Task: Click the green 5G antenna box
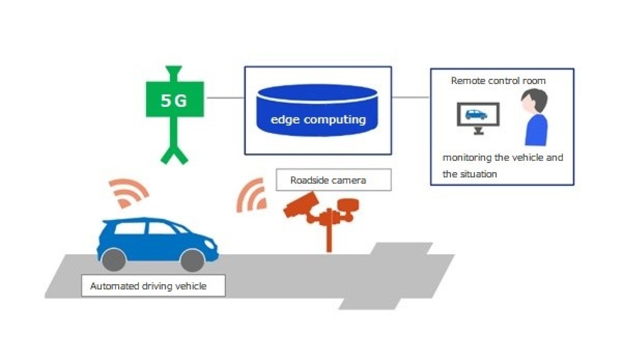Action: point(175,99)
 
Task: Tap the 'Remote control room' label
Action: point(498,81)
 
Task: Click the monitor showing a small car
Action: point(478,115)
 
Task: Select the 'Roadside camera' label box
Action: point(333,180)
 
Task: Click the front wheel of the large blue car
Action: point(192,259)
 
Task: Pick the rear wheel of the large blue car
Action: point(114,259)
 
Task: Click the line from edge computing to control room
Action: point(410,97)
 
